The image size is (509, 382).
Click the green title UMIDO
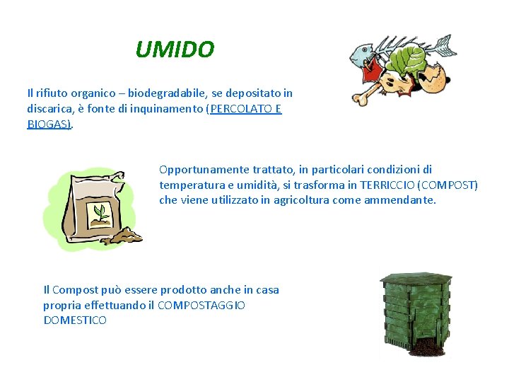tap(174, 50)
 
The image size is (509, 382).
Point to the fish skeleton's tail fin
tap(443, 47)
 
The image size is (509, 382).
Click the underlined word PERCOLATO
tap(239, 108)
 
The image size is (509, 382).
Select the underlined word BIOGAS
tap(48, 124)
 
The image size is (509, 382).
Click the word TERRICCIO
tap(387, 185)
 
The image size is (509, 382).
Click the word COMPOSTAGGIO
tap(201, 305)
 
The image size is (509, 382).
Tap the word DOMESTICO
tap(75, 320)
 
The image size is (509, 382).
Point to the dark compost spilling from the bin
tap(424, 346)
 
